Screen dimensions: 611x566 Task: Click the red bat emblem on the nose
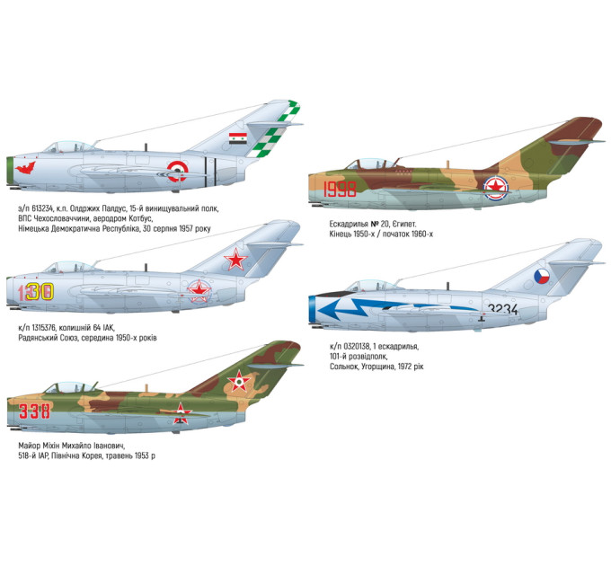tap(25, 168)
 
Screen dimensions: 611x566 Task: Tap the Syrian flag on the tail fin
tap(238, 138)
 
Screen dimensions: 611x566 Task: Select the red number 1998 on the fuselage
tap(340, 190)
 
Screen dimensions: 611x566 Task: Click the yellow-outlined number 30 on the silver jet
tap(40, 292)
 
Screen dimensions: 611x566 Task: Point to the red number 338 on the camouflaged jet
tap(34, 411)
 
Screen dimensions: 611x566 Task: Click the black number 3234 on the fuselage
tap(502, 309)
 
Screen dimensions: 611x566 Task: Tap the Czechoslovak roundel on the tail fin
tap(542, 276)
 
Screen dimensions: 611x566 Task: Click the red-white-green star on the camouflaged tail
tap(238, 381)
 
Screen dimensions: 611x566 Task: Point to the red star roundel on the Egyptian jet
tap(496, 187)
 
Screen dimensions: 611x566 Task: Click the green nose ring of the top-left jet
tap(10, 171)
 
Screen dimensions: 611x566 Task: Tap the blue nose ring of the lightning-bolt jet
tap(313, 310)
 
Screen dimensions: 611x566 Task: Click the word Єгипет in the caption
tap(404, 225)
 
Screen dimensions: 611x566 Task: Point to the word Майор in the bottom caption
tap(30, 446)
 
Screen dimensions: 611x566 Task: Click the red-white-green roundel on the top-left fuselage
tap(177, 172)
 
